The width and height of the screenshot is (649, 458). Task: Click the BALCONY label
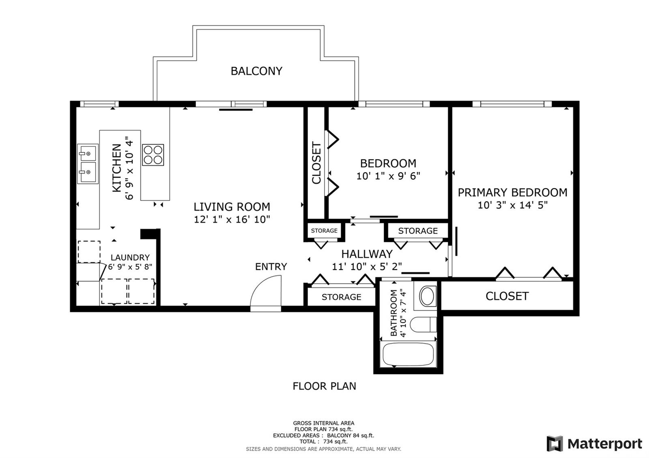(256, 71)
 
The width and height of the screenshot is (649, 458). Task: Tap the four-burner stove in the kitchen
(153, 155)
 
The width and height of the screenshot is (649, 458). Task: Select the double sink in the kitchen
(88, 164)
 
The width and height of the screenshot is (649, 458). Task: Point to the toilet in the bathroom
(423, 324)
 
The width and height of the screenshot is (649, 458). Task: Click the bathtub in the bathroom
(408, 354)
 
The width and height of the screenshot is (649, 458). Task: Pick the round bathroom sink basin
(428, 296)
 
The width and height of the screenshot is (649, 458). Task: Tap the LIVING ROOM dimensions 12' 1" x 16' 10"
(232, 219)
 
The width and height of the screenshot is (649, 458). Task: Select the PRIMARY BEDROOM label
(512, 193)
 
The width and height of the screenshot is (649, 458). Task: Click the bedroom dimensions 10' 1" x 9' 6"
(388, 176)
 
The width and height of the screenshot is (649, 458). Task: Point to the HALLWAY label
(367, 254)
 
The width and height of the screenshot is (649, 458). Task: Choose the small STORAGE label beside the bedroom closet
(324, 231)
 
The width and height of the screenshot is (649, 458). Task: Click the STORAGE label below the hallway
(341, 297)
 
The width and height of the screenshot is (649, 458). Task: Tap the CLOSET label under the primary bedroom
(507, 296)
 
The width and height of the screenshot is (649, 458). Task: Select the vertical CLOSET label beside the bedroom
(316, 163)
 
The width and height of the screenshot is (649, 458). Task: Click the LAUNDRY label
(130, 257)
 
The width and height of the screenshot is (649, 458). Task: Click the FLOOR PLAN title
(324, 386)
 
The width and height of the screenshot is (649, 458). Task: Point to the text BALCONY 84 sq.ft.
(350, 435)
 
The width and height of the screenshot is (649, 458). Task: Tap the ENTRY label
(271, 266)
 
